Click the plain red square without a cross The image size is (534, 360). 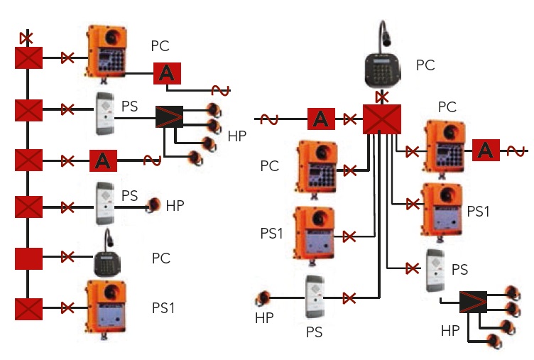point(29,258)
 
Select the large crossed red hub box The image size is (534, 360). point(382,119)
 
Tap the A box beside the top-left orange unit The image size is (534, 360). point(167,72)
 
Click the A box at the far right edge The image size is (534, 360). point(486,150)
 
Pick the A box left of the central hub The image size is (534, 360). point(321,119)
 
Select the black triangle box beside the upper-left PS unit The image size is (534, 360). point(169,116)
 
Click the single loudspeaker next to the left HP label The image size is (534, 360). point(154,206)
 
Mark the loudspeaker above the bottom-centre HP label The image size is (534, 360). point(265,297)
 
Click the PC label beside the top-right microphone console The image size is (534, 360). point(425,66)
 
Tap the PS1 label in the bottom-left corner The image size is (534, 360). point(163,307)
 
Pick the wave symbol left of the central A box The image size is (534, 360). point(269,119)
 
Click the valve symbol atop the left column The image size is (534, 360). point(28,36)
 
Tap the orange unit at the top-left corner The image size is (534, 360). point(107,51)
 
